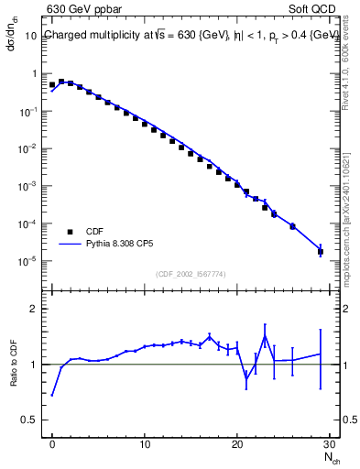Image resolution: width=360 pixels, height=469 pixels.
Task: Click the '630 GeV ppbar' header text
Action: (83, 11)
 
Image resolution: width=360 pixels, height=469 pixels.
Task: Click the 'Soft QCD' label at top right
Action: (314, 11)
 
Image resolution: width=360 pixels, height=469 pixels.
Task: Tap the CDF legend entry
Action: (94, 232)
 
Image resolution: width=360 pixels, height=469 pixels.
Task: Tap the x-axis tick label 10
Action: (145, 445)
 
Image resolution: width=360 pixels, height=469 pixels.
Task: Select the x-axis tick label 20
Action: (237, 445)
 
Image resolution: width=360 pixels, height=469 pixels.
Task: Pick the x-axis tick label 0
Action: (52, 445)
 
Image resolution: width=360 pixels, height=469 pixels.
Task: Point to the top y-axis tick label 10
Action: (30, 36)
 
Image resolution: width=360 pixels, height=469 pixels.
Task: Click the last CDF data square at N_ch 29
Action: (320, 251)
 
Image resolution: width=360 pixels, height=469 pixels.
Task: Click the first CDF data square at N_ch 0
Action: (52, 85)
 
